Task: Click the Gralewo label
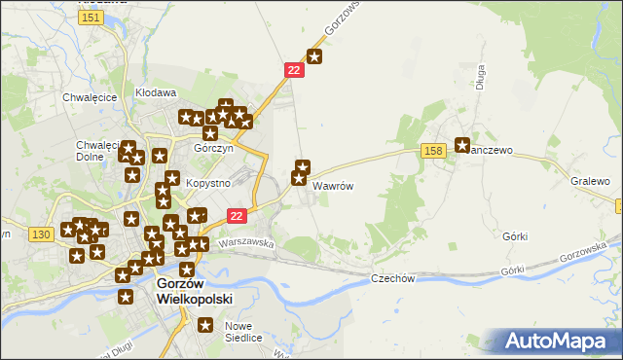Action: coord(590,182)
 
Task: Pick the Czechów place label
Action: coord(393,278)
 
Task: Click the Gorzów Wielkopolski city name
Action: coord(195,291)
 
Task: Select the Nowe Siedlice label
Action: coord(243,332)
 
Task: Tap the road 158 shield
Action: coord(434,150)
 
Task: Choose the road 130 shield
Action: coord(40,234)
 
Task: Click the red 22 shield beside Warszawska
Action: coord(237,216)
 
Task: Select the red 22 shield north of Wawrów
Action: coord(295,71)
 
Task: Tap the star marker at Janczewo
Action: coord(462,143)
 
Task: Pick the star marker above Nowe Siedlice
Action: coord(205,325)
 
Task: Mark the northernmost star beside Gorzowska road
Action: coord(314,56)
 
